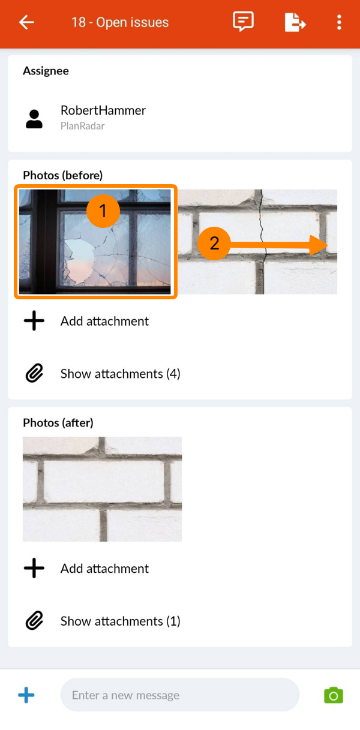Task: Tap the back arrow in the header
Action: click(26, 22)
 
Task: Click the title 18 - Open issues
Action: click(119, 22)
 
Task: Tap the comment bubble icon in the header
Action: click(243, 22)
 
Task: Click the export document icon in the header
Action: click(295, 22)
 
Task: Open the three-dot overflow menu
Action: click(339, 22)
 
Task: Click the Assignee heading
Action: click(46, 71)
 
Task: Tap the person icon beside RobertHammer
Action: click(34, 119)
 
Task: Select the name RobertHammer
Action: click(103, 110)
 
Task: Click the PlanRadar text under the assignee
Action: click(83, 126)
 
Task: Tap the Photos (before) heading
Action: click(62, 175)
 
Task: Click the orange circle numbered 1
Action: click(103, 211)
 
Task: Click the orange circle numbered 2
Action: click(214, 244)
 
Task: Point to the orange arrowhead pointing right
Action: click(318, 245)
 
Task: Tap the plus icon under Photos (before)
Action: click(34, 321)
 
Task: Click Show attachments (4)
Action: click(121, 374)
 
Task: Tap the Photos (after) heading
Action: click(58, 423)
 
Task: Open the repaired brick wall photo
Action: click(103, 489)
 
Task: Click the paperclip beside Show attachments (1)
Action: click(34, 620)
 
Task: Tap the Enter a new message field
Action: click(179, 695)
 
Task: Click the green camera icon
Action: click(333, 695)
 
